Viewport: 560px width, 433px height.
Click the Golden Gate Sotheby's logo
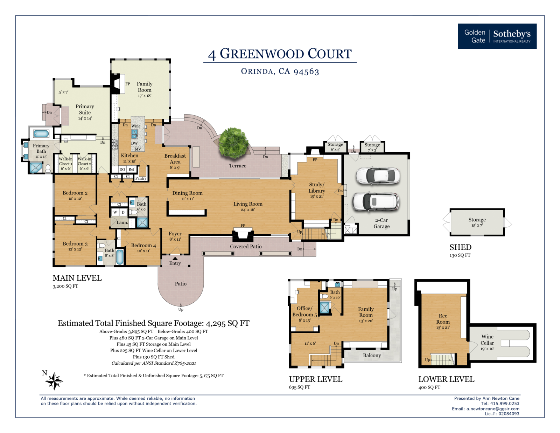[x=497, y=36]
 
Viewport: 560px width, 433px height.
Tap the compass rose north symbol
[x=54, y=381]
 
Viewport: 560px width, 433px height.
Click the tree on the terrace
[x=233, y=142]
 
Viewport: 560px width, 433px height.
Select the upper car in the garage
[x=378, y=176]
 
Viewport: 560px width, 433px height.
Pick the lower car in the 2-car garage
[x=375, y=202]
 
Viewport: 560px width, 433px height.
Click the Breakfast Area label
[x=175, y=161]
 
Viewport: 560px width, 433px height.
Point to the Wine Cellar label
[x=487, y=342]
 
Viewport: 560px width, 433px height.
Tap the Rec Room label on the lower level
[x=443, y=321]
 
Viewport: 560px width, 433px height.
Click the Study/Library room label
[x=317, y=190]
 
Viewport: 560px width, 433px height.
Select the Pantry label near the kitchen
[x=141, y=178]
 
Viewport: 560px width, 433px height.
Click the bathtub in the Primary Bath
[x=41, y=133]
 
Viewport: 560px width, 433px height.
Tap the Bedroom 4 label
[x=143, y=248]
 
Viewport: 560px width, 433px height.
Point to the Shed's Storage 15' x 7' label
[x=477, y=222]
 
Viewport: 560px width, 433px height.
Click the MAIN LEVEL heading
[x=77, y=278]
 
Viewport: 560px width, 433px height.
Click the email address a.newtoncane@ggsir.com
[x=493, y=409]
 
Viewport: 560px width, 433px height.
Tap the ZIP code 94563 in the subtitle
[x=306, y=72]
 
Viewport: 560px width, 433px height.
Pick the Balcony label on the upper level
[x=372, y=355]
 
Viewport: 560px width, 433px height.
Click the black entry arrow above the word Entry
[x=175, y=259]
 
